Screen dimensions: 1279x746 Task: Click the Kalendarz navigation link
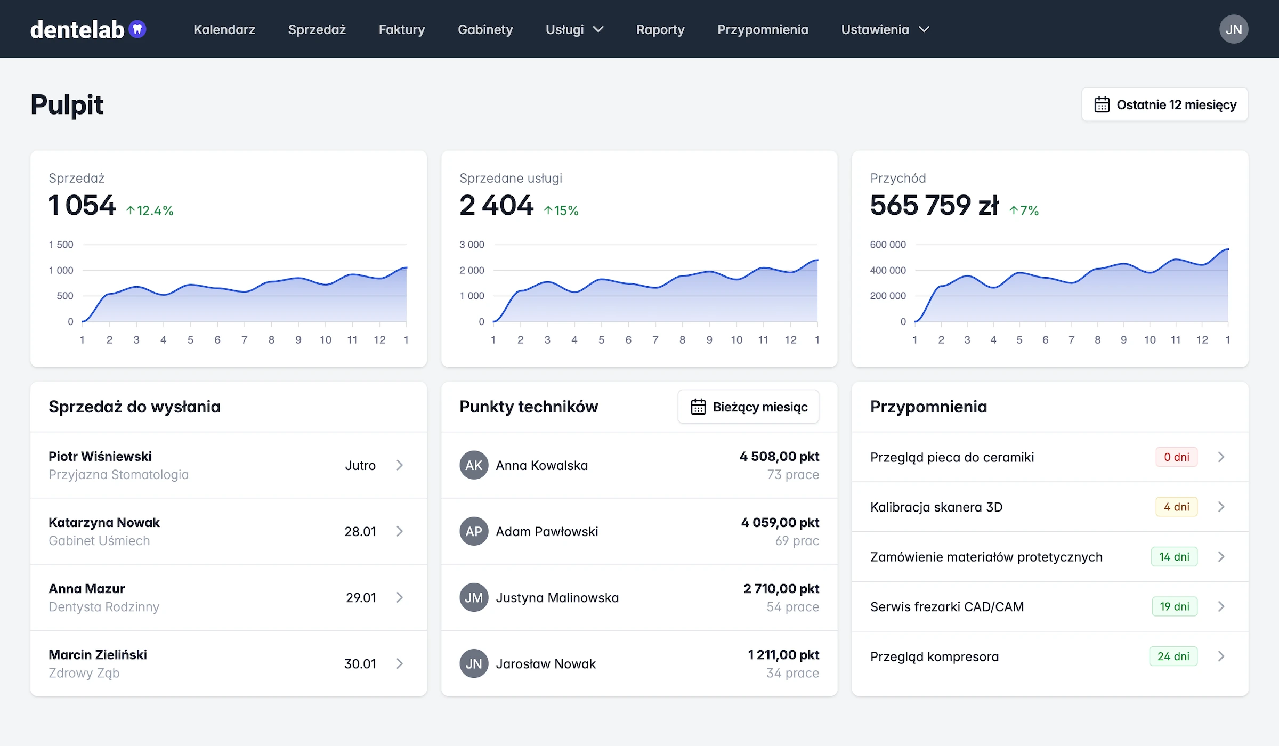coord(224,29)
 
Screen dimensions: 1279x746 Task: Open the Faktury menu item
coord(402,29)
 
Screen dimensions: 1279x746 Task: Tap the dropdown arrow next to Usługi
coord(598,29)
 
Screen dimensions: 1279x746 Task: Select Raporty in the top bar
coord(660,30)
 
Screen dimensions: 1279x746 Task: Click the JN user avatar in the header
coord(1234,29)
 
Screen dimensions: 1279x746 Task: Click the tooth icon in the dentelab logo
coord(137,29)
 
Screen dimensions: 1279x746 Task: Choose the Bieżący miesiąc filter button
coord(748,407)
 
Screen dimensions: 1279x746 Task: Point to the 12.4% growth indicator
coord(150,210)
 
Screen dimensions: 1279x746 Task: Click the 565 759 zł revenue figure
coord(934,205)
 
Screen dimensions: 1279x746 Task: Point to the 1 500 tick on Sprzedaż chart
coord(61,245)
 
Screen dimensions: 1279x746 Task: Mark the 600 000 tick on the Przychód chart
coord(888,245)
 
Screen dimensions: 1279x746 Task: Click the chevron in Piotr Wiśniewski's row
coord(400,465)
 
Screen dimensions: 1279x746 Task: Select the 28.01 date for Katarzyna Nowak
coord(360,531)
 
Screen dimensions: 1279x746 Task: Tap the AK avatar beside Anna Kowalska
coord(474,465)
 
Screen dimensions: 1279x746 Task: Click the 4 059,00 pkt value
coord(780,522)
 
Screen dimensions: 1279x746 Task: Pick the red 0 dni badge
coord(1177,457)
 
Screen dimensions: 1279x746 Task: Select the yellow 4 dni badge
coord(1177,507)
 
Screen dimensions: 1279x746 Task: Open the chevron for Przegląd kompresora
coord(1221,656)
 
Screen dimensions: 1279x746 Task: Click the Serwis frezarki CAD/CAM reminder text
coord(947,606)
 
